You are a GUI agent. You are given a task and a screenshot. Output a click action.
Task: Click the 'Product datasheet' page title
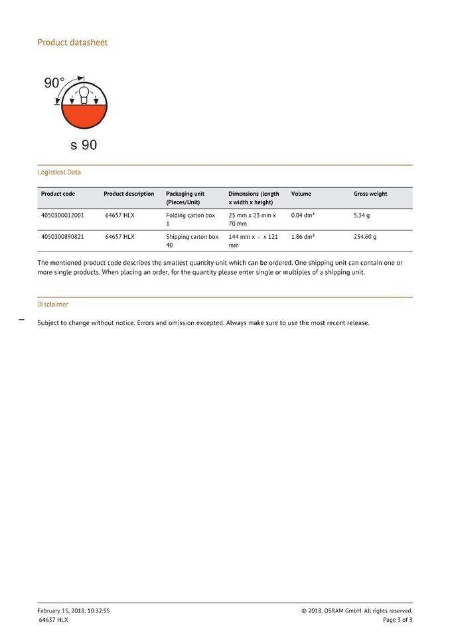coord(72,42)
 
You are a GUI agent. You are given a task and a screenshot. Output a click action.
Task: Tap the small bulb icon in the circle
coord(84,95)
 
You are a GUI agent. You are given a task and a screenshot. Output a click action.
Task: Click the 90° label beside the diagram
coord(54,83)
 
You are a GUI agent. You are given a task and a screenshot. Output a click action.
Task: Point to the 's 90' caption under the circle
coord(83,144)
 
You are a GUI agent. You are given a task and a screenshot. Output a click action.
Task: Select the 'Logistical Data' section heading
coord(59,172)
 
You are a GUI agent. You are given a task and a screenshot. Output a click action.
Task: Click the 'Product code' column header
coord(58,194)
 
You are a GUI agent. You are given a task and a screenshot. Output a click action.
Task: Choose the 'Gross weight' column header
coord(370,194)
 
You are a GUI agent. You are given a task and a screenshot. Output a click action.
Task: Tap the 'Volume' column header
coord(301,194)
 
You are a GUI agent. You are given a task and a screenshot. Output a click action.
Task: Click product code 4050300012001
coord(62,216)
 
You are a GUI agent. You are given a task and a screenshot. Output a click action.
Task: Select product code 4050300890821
coord(62,236)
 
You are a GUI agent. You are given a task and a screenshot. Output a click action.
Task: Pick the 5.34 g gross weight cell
coord(362,216)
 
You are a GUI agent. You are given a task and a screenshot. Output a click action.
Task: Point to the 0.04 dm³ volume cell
coord(303,216)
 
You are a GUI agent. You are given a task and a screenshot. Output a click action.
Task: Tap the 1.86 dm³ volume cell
coord(303,236)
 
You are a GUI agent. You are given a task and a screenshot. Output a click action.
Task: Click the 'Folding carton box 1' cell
coord(190,220)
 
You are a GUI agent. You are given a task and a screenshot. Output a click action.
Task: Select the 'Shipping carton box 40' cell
coord(192,240)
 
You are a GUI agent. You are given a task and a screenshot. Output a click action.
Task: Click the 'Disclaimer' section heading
coord(52,304)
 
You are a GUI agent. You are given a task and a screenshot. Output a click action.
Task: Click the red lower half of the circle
coord(84,119)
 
